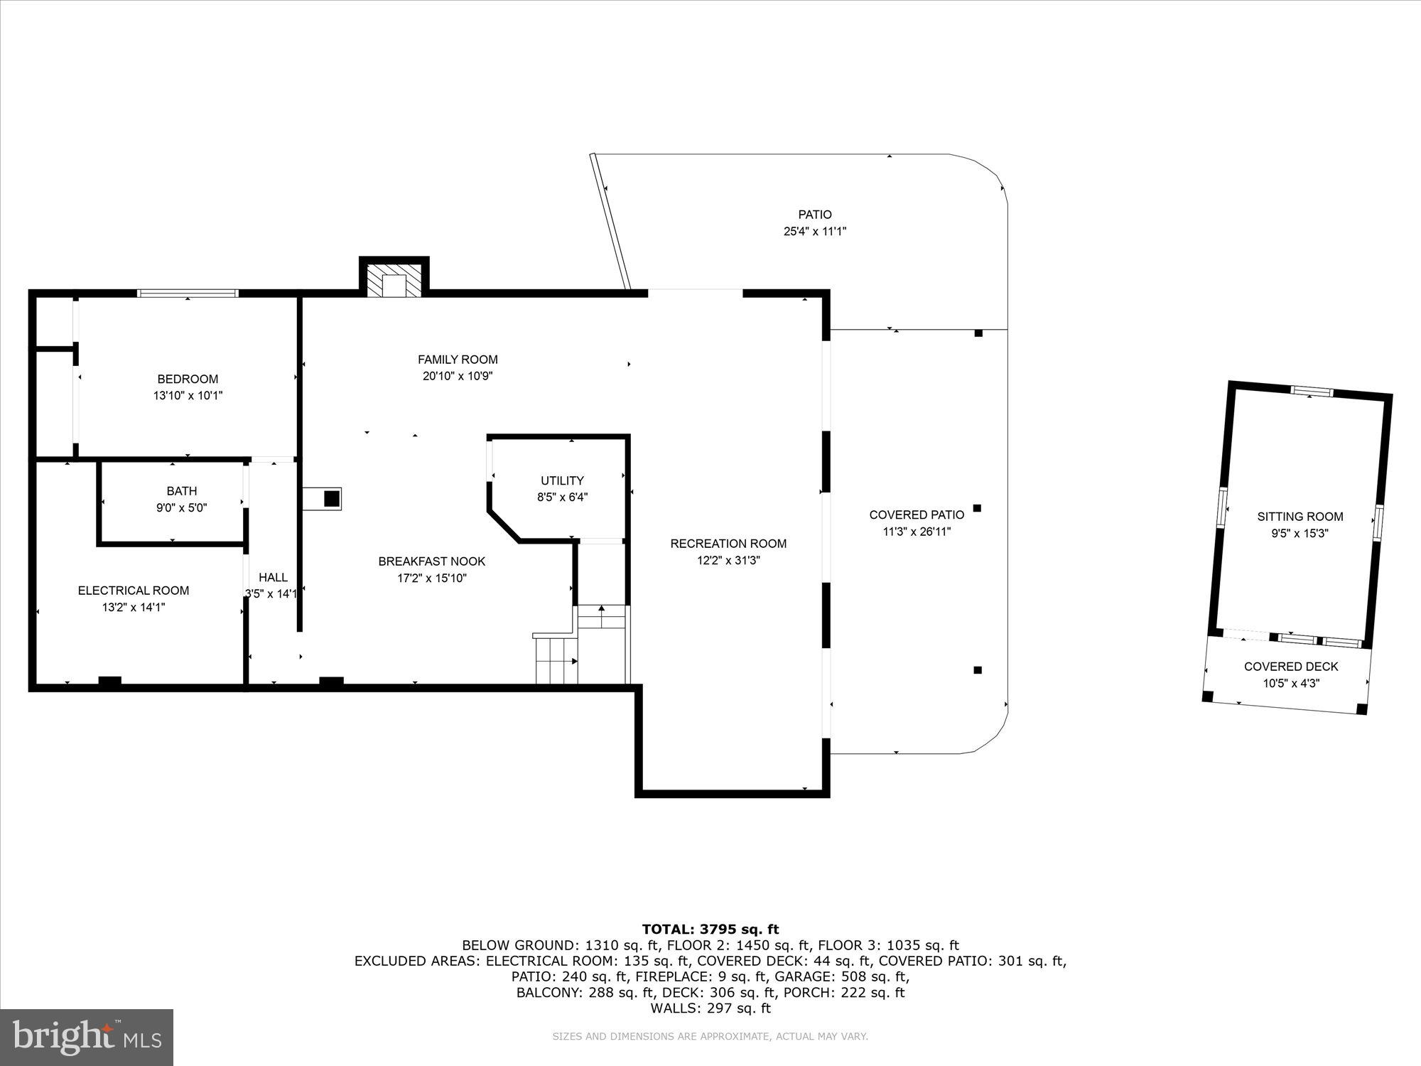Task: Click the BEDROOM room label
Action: [188, 379]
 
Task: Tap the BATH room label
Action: [182, 490]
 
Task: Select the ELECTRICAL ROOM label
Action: [134, 590]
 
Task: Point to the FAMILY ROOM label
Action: [458, 359]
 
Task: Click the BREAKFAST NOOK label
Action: [432, 561]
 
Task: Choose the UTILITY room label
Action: [562, 480]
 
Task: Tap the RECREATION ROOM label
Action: [728, 543]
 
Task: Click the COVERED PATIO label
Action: [917, 515]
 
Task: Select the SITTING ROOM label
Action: [1300, 517]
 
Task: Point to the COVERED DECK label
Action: [1291, 666]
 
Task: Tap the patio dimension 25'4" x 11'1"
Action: [814, 231]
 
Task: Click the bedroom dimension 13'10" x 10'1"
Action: [188, 395]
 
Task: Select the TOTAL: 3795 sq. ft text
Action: [710, 929]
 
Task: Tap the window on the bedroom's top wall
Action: [188, 293]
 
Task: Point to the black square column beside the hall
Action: [331, 498]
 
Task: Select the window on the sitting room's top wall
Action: [1312, 390]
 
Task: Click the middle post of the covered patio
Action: [977, 508]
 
